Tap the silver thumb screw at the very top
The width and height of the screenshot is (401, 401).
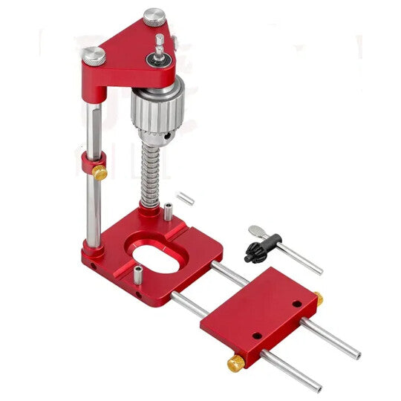pos(154,15)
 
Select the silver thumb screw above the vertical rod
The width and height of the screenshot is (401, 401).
pos(94,55)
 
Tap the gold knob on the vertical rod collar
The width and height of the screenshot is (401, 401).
pos(100,172)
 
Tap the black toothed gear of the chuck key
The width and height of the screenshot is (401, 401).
pos(255,252)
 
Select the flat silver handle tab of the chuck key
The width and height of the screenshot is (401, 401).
pos(256,229)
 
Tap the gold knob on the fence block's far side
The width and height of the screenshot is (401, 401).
pos(318,299)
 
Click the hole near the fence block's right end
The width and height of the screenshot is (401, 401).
pos(296,304)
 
